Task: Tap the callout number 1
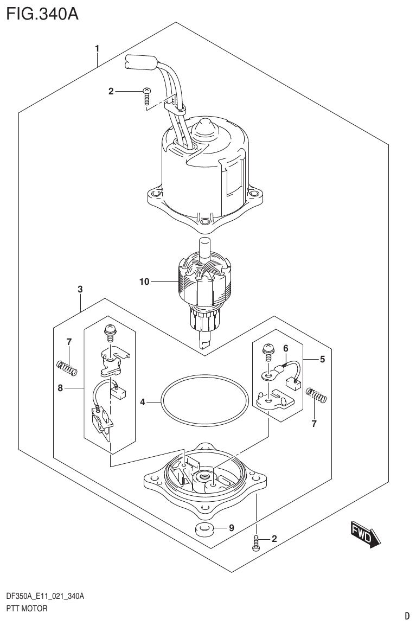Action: coord(97,49)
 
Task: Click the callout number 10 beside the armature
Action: coord(144,282)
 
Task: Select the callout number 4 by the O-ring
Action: coord(143,402)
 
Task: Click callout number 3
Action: coord(80,290)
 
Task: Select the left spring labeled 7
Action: coord(67,368)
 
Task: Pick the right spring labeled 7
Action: coord(316,394)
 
